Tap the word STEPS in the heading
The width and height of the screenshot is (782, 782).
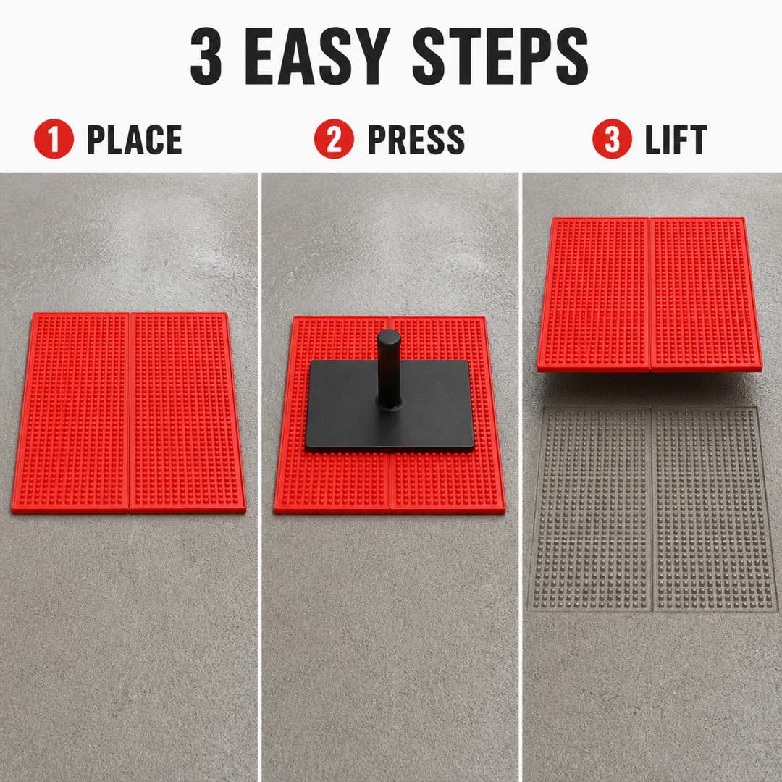click(500, 56)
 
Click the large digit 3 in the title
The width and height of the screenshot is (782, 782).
click(206, 56)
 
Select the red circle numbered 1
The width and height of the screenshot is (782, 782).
click(54, 138)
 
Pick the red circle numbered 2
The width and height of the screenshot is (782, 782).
click(334, 138)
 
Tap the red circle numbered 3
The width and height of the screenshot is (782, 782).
click(613, 138)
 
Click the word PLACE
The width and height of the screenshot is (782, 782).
click(135, 140)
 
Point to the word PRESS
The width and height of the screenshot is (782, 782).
click(416, 140)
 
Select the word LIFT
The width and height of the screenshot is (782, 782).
click(676, 140)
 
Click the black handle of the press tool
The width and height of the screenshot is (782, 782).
click(389, 369)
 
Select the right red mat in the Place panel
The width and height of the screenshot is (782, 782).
click(187, 413)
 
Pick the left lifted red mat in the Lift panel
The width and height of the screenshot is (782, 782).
click(594, 294)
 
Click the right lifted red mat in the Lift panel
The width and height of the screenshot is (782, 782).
click(705, 294)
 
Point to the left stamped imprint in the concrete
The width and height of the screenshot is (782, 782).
click(591, 509)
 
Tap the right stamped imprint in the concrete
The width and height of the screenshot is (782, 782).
click(714, 509)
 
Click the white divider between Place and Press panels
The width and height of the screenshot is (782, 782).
click(259, 477)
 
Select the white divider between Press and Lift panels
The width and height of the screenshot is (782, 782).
click(520, 477)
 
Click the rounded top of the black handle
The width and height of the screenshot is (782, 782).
click(389, 336)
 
